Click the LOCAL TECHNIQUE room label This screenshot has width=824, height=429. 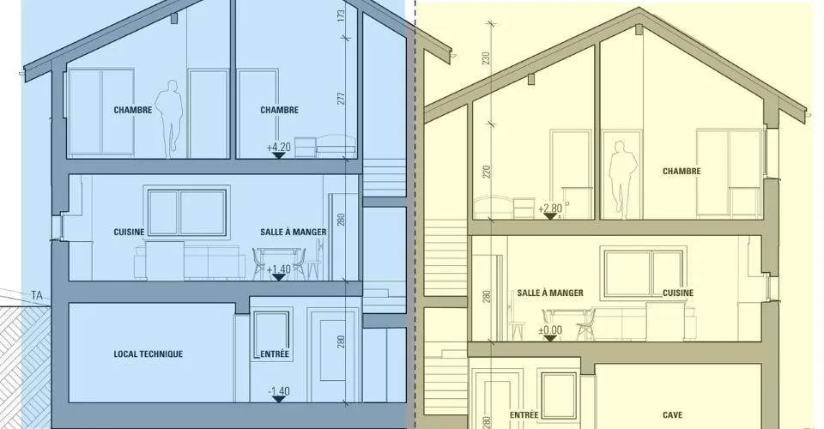click(148, 353)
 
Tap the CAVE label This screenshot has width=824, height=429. click(672, 414)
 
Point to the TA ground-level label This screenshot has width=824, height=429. click(37, 296)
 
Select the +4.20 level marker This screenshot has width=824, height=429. click(278, 151)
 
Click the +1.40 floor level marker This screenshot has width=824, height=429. click(278, 273)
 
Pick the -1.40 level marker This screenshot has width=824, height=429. click(278, 395)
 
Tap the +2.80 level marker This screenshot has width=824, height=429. click(550, 211)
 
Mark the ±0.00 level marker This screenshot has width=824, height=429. click(550, 334)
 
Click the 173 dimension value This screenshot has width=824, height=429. click(341, 15)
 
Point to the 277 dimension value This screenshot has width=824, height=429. click(341, 98)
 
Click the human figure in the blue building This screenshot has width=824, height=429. click(169, 118)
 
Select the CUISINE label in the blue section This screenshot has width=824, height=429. click(130, 233)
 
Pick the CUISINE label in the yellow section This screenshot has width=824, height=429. click(678, 293)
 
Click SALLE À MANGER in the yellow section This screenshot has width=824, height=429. click(550, 293)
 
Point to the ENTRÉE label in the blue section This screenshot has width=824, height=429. click(275, 353)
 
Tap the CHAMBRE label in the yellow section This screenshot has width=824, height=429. click(682, 172)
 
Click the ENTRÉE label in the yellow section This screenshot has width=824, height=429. click(524, 414)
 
